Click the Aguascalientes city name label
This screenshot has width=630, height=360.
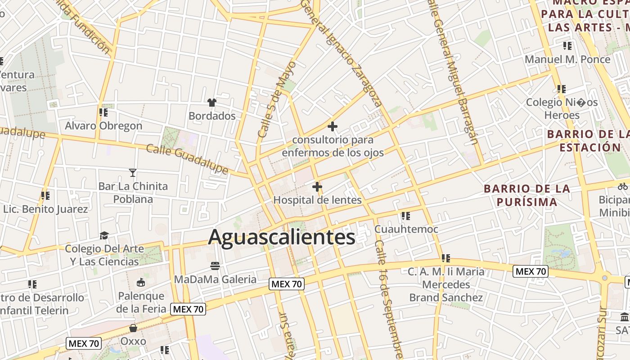click(x=282, y=237)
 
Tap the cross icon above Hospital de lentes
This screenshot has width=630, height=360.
click(x=317, y=186)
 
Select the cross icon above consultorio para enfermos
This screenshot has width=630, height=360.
click(x=333, y=126)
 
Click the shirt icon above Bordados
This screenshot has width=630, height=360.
click(x=212, y=103)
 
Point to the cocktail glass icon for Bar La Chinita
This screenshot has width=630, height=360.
click(x=133, y=172)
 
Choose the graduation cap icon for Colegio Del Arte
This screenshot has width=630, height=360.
click(x=104, y=235)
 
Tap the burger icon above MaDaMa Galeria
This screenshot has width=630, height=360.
click(x=215, y=266)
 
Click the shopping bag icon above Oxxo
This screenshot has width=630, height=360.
click(x=133, y=328)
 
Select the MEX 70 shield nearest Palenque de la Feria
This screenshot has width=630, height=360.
click(x=188, y=309)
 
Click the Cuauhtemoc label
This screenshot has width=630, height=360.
click(x=406, y=229)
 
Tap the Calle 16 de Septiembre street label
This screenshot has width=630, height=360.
click(x=389, y=299)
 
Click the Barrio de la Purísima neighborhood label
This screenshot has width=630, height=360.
click(x=527, y=195)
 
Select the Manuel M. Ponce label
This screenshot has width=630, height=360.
click(x=567, y=59)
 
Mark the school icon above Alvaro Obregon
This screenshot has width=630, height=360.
click(x=103, y=112)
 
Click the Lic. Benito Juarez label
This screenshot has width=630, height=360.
click(x=45, y=209)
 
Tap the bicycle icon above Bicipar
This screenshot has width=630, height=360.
click(x=623, y=186)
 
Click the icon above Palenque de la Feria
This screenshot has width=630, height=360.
click(x=141, y=283)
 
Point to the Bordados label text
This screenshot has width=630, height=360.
click(x=212, y=116)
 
